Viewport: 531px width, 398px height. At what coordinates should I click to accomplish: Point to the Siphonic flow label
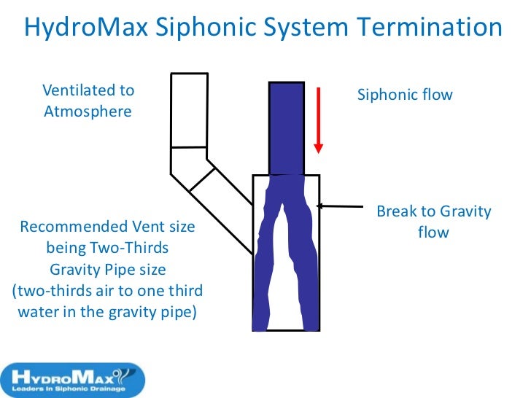point(404,95)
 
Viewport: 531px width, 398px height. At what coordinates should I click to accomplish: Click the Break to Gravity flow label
point(433,222)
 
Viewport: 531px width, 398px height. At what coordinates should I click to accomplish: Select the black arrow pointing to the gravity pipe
point(343,206)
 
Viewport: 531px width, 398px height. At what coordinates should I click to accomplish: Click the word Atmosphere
point(88,112)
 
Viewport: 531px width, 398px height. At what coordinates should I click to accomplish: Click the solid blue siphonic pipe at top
point(287,128)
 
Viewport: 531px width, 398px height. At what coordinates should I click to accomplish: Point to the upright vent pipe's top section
point(190,109)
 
